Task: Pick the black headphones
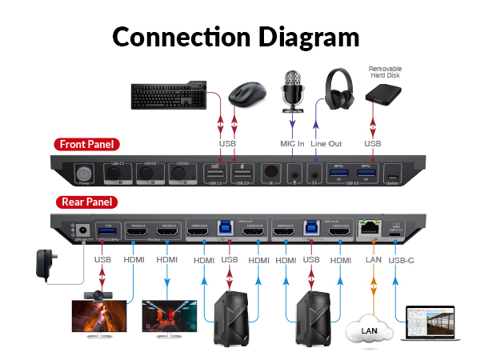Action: (x=338, y=89)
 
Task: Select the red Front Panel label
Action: (x=87, y=145)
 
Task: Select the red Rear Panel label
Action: (x=85, y=202)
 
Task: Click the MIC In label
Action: (x=292, y=144)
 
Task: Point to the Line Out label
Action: (x=326, y=144)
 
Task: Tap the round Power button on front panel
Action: (x=83, y=173)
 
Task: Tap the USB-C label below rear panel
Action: (x=402, y=259)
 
